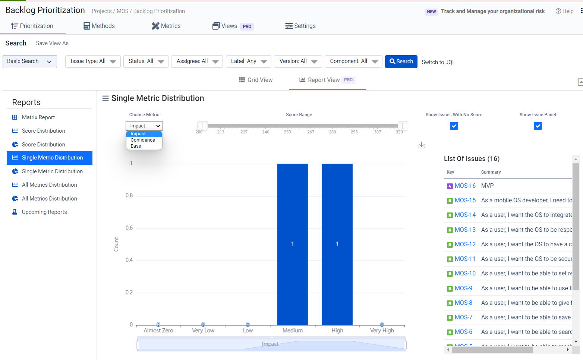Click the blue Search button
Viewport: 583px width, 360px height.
pos(401,61)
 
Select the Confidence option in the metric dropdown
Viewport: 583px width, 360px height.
pos(143,140)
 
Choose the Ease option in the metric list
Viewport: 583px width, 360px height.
pos(136,146)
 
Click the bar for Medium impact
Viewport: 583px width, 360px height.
pos(293,244)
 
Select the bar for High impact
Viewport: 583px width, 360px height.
pos(337,244)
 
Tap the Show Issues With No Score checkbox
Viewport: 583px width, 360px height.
pos(454,126)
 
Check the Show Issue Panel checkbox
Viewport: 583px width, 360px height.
pos(538,126)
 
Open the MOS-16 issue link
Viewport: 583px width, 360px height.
pos(465,186)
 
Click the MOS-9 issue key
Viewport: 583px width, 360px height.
pos(463,288)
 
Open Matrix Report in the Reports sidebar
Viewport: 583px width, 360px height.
pos(38,117)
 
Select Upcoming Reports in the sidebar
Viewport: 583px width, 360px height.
pos(44,212)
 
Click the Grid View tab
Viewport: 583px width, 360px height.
pos(256,80)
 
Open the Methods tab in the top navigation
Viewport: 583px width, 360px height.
pos(99,26)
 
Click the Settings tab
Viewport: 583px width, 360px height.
pos(300,26)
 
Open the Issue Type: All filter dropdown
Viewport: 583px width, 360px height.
pos(93,61)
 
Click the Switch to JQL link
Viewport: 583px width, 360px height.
pos(438,62)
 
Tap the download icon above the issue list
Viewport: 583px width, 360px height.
pos(422,145)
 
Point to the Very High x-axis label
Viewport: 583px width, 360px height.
pos(382,331)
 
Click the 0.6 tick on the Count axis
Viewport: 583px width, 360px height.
pos(129,228)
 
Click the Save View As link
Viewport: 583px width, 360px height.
pos(52,43)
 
